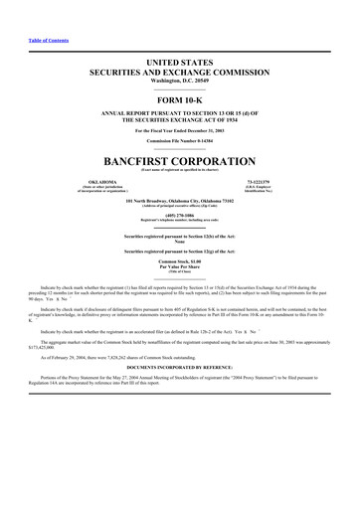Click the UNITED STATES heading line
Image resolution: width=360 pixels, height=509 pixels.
(x=179, y=62)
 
